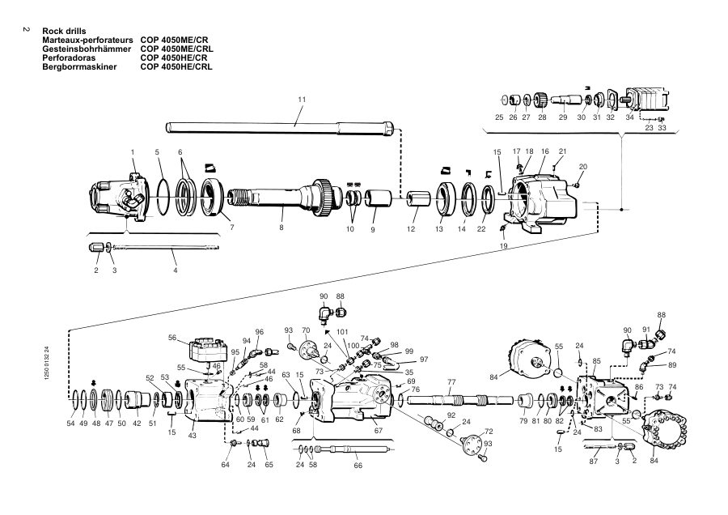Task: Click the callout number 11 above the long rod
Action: coord(302,100)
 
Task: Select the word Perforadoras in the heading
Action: coord(69,58)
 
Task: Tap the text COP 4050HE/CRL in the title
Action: coord(176,67)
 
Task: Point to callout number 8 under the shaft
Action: coord(281,228)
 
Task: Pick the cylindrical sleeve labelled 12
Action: coord(416,198)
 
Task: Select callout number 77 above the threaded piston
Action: coord(451,382)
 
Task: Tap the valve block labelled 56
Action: coord(208,349)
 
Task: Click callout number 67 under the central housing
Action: coord(379,431)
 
